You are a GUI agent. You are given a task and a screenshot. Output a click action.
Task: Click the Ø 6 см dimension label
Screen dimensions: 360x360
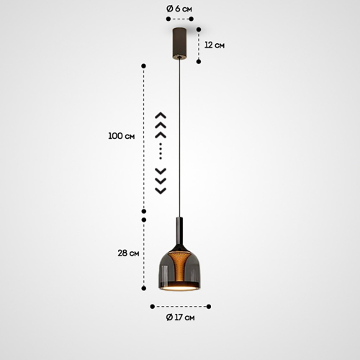pyautogui.click(x=179, y=9)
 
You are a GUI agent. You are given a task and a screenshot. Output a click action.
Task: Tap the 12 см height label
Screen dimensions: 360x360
pyautogui.click(x=215, y=45)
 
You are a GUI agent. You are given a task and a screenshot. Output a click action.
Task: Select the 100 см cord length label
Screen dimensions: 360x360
pyautogui.click(x=122, y=136)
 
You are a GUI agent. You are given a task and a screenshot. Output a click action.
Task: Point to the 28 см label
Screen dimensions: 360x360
pyautogui.click(x=128, y=253)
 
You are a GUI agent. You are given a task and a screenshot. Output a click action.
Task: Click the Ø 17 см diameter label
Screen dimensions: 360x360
pyautogui.click(x=180, y=318)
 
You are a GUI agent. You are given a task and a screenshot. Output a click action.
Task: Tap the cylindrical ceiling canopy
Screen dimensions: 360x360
pyautogui.click(x=179, y=43)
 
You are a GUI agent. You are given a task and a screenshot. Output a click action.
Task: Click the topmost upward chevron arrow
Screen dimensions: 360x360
pyautogui.click(x=161, y=115)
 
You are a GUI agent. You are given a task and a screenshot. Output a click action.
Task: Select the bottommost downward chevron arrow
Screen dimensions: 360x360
pyautogui.click(x=161, y=191)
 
